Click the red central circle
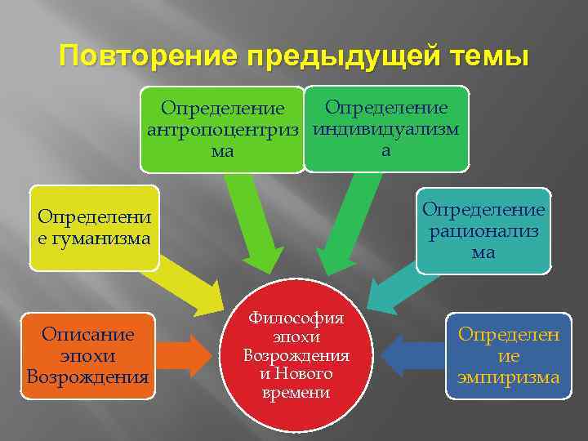point(296,356)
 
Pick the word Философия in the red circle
point(296,319)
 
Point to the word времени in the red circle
point(296,393)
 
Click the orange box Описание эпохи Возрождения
point(87,356)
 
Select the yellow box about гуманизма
point(94,229)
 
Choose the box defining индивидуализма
point(386,128)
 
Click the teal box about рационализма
point(483,231)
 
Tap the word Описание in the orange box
point(87,336)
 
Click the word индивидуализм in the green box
point(386,129)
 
